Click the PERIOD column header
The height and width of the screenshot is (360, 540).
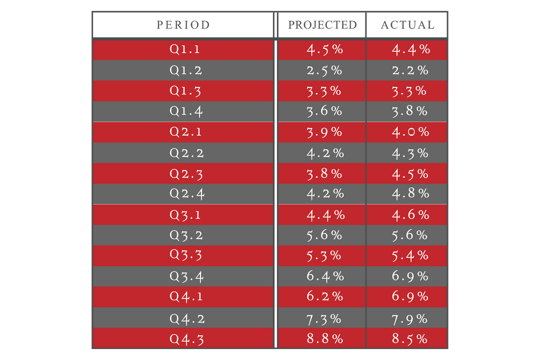pos(183,24)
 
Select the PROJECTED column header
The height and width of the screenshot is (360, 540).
pos(322,24)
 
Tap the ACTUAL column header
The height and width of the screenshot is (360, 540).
pos(407,24)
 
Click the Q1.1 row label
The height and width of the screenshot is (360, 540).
pos(185,49)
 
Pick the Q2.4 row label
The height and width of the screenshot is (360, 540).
pos(186,193)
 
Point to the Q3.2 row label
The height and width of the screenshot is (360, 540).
pos(186,235)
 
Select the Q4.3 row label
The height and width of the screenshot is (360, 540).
pos(186,338)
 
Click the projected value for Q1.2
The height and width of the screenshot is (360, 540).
pos(324,70)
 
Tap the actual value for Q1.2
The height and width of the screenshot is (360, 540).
pos(410,70)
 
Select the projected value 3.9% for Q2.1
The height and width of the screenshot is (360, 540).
pos(324,132)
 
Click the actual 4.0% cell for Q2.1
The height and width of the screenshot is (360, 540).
pos(410,132)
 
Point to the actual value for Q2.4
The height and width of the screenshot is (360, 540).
pos(410,193)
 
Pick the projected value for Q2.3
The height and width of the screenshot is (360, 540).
pos(324,173)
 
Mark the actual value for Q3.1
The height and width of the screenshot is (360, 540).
pos(410,214)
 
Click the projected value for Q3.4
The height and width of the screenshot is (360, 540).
pos(325,276)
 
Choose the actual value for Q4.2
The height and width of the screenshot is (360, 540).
pos(410,318)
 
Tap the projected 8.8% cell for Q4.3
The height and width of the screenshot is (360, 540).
pos(325,338)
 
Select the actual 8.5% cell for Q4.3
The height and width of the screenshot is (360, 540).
pos(410,338)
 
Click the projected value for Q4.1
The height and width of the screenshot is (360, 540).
pos(325,296)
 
